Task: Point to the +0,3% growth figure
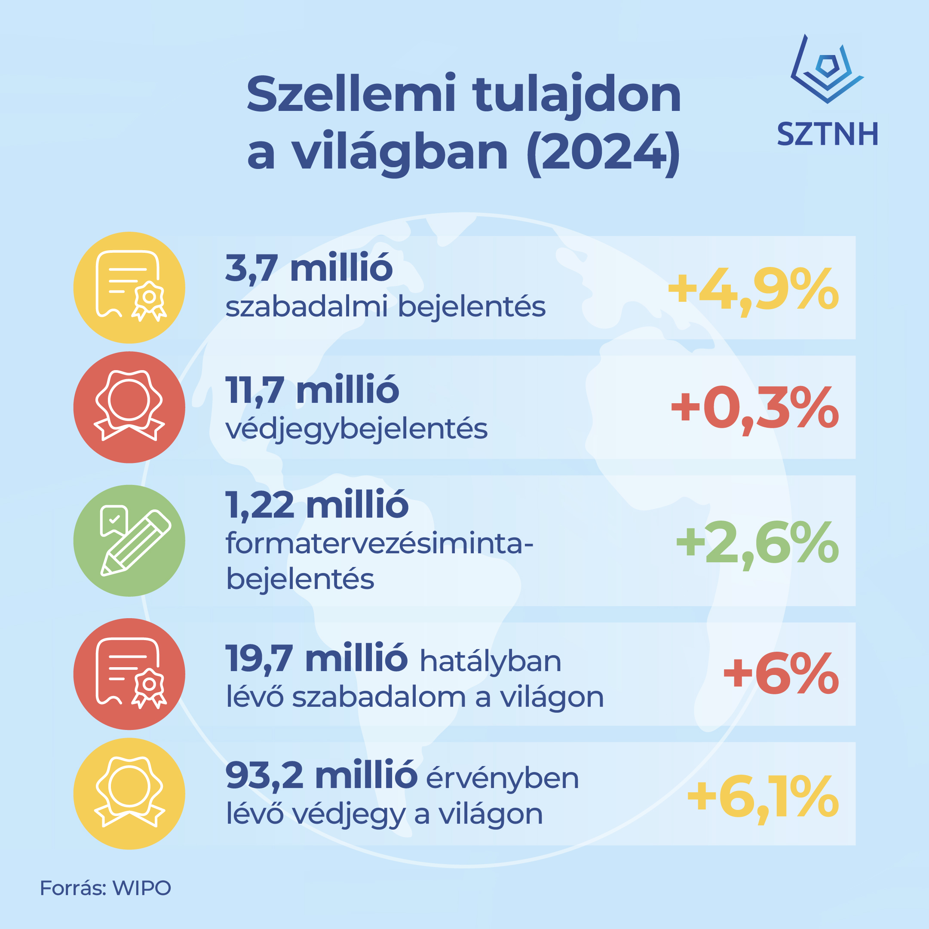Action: (755, 409)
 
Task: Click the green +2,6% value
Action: (757, 544)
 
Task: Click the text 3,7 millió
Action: (309, 268)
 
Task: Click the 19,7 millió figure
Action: (317, 658)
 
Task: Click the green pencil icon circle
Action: (129, 540)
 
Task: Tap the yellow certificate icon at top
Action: (129, 287)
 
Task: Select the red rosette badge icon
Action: (129, 407)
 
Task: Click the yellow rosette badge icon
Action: (129, 794)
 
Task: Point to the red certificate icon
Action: (129, 674)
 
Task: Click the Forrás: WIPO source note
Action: (105, 888)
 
